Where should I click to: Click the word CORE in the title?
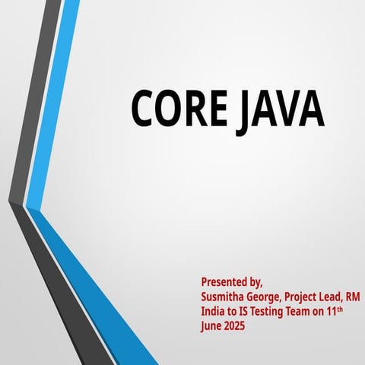(x=177, y=108)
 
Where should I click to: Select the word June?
(x=212, y=326)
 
